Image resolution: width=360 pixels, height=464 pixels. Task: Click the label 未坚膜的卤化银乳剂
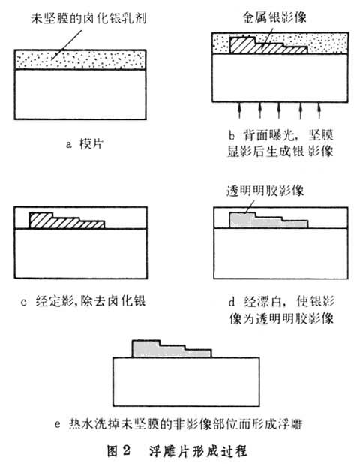pyautogui.click(x=87, y=17)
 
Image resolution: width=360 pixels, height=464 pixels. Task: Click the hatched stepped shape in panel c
pyautogui.click(x=60, y=221)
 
